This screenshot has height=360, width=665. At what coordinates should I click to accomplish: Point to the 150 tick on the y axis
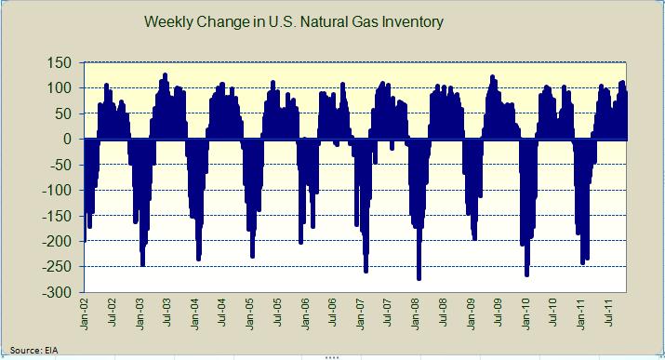pos(61,62)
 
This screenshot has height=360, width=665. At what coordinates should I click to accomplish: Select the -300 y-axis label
pos(60,293)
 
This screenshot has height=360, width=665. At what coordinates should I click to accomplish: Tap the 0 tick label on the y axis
pos(70,140)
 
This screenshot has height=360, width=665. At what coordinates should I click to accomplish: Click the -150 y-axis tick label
pos(60,216)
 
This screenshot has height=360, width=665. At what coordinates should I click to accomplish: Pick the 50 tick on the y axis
pos(65,113)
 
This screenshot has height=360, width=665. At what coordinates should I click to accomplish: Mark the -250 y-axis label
pos(60,267)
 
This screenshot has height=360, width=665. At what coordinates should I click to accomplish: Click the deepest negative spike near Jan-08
pos(419,278)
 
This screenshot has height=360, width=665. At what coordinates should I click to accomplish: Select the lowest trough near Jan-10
pos(527,275)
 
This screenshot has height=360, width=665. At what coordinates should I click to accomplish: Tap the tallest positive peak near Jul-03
pos(165,74)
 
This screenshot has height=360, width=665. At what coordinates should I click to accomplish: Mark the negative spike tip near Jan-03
pos(142,265)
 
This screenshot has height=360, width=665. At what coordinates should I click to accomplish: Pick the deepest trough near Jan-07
pos(366,272)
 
